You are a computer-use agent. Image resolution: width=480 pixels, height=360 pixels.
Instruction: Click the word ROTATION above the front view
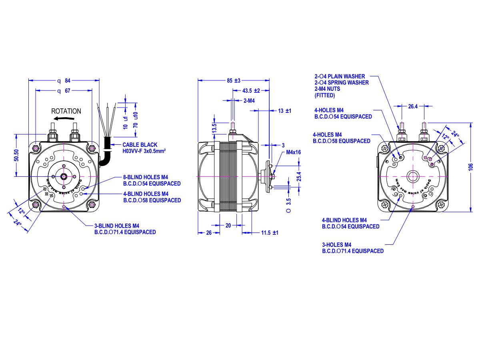point(66,111)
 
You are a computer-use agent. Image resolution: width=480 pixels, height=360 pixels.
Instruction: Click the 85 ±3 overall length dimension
point(233,80)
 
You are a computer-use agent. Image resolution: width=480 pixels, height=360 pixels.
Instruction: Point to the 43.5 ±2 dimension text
point(251,91)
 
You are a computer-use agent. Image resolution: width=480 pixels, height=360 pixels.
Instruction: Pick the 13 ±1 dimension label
point(285,110)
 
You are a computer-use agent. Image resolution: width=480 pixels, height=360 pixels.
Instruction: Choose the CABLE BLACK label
point(140,145)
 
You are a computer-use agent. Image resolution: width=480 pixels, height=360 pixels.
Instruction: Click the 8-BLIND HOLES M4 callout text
point(146,177)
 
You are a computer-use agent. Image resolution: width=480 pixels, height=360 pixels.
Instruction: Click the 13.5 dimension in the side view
point(214,128)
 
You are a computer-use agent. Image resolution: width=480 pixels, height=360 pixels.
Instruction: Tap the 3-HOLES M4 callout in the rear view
point(336,245)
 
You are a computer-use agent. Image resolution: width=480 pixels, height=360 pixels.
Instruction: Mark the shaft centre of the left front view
point(64,176)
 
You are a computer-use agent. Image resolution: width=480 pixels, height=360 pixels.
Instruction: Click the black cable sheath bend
point(104,159)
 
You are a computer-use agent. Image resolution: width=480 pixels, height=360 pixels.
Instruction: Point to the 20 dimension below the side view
point(228,226)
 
